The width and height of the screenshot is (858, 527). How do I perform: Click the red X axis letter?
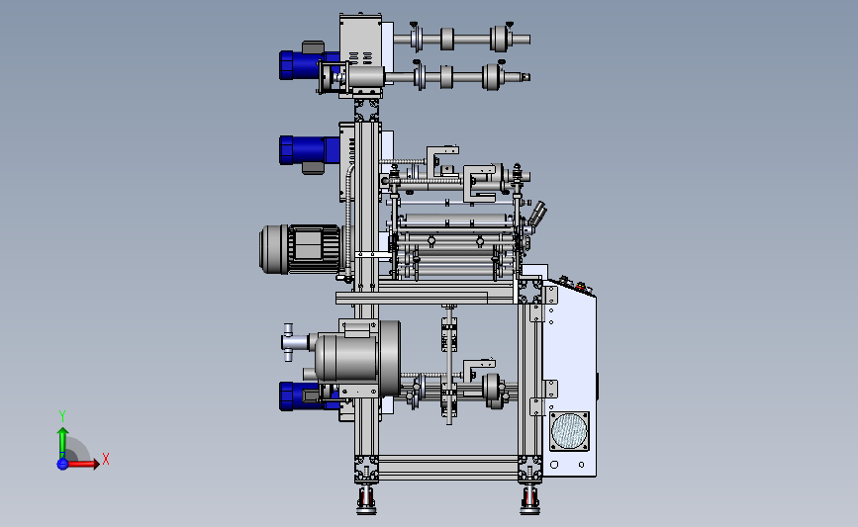coord(106,459)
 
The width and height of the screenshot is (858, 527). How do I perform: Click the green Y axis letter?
coord(62,416)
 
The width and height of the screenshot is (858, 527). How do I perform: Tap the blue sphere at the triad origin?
coord(62,464)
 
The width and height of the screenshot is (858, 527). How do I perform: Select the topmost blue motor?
coord(307,65)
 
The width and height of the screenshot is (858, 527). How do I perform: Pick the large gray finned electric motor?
coord(300,249)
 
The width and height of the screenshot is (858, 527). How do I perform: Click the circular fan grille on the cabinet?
coord(569,431)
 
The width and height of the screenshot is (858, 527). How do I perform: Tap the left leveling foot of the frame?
coord(366,499)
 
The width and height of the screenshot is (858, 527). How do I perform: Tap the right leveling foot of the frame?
coord(529,499)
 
